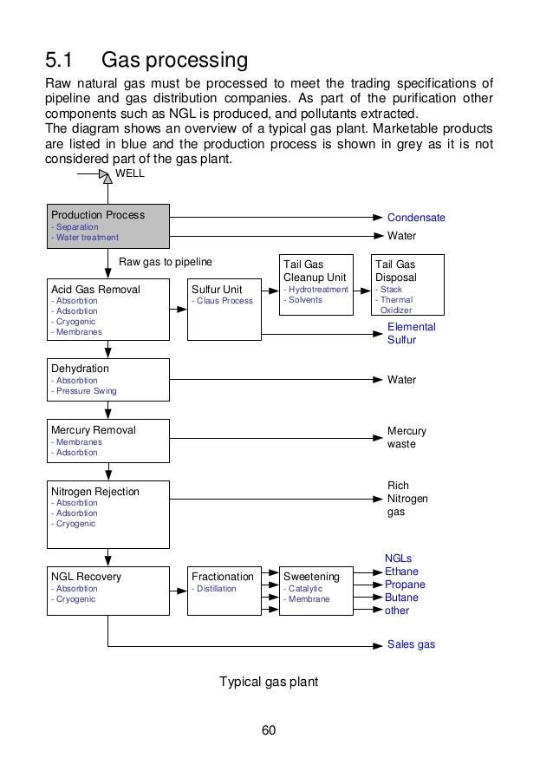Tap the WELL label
[130, 173]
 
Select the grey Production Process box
[107, 225]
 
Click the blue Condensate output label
[415, 218]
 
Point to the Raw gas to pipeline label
[165, 260]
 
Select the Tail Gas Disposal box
[407, 284]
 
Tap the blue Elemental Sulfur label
[411, 333]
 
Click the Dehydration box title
[81, 368]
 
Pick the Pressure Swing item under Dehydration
[84, 391]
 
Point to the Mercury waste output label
[406, 437]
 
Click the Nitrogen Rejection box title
[94, 491]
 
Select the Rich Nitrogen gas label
[407, 499]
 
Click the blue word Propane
[405, 585]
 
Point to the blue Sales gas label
[411, 645]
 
